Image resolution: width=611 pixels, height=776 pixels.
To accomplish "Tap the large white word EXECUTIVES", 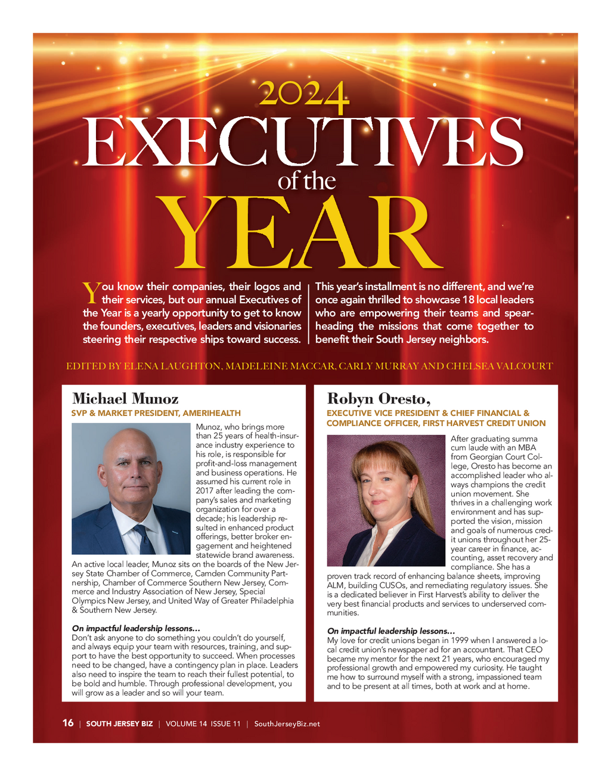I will (x=303, y=143).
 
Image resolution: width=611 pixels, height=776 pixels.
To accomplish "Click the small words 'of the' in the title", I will (x=306, y=181).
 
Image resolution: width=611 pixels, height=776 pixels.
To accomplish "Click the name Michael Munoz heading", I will (x=125, y=398).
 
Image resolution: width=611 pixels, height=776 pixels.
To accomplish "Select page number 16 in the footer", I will (x=68, y=723).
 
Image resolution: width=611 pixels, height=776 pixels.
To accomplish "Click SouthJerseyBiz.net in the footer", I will (x=287, y=724).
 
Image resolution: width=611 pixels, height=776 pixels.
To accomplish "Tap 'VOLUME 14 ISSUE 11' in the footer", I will (x=203, y=724).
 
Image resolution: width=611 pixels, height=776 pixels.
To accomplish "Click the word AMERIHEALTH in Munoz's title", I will (x=212, y=413).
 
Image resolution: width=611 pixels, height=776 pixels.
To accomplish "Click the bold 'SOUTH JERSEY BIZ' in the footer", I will (x=119, y=724).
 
